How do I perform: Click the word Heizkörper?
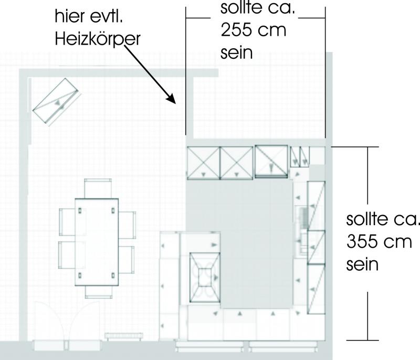pyautogui.click(x=98, y=39)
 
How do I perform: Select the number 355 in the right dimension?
pyautogui.click(x=362, y=242)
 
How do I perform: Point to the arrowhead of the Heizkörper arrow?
pyautogui.click(x=172, y=99)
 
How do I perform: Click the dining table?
pyautogui.click(x=97, y=242)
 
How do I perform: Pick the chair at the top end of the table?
pyautogui.click(x=98, y=189)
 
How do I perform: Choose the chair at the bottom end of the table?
pyautogui.click(x=99, y=292)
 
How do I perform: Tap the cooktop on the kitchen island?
pyautogui.click(x=205, y=278)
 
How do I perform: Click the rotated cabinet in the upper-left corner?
pyautogui.click(x=57, y=101)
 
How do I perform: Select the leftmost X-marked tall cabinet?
pyautogui.click(x=203, y=163)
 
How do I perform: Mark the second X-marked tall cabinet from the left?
pyautogui.click(x=236, y=163)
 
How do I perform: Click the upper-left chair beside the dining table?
pyautogui.click(x=67, y=222)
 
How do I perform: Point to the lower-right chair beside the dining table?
pyautogui.click(x=126, y=259)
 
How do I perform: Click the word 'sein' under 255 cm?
pyautogui.click(x=237, y=52)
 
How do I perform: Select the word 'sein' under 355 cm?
pyautogui.click(x=362, y=264)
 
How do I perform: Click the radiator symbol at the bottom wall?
pyautogui.click(x=124, y=336)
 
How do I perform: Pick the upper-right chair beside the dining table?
pyautogui.click(x=127, y=225)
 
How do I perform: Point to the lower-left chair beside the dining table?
pyautogui.click(x=67, y=255)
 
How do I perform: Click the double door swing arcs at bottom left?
pyautogui.click(x=67, y=321)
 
